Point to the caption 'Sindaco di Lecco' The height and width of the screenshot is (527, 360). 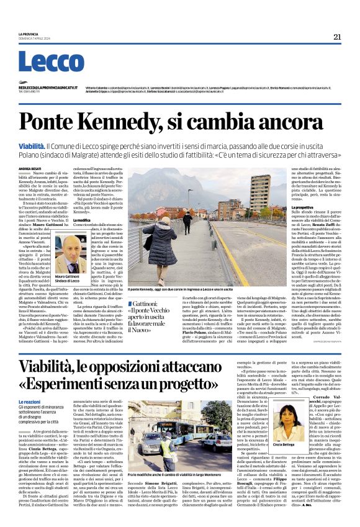coord(70,282)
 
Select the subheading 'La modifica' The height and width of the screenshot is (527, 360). coord(100,220)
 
